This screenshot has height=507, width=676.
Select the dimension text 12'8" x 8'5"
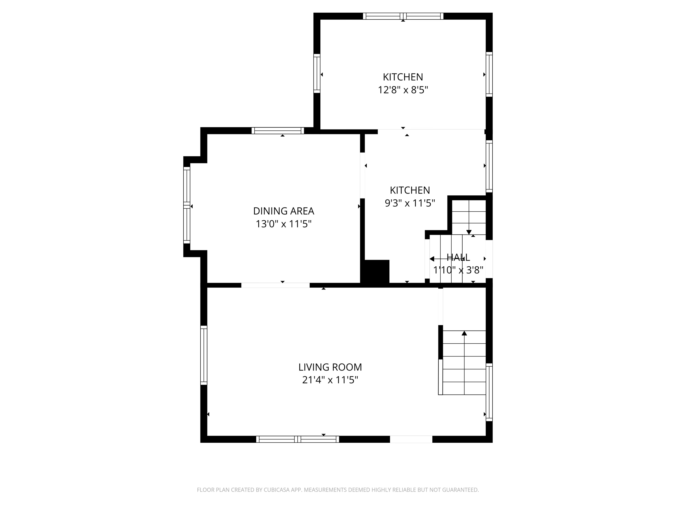pos(403,90)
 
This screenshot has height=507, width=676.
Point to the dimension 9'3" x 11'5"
pos(409,203)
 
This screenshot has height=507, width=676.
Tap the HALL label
pos(458,257)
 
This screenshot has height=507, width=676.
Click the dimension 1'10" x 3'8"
pos(458,270)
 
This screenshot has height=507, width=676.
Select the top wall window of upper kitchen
pos(403,16)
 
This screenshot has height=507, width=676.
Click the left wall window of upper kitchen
pos(317,73)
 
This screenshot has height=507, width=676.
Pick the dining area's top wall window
pos(277,131)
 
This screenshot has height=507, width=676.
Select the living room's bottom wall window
pos(297,439)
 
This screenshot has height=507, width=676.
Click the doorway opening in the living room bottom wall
pos(411,439)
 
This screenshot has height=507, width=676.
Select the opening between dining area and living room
pos(275,285)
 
